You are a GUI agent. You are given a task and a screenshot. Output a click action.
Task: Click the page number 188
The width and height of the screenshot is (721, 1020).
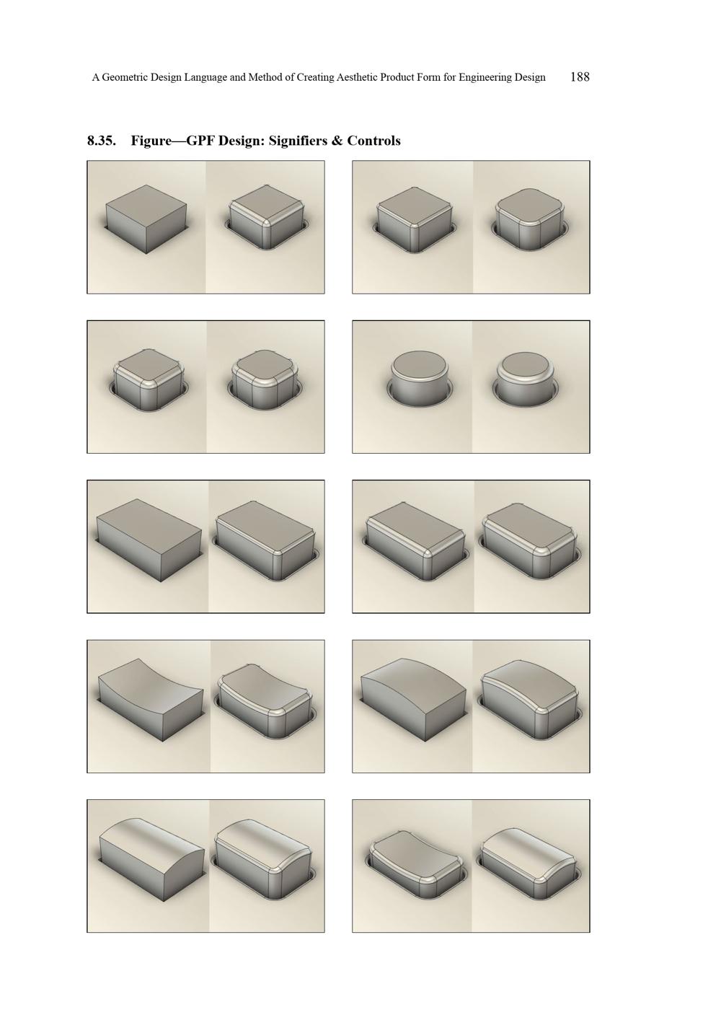pos(580,76)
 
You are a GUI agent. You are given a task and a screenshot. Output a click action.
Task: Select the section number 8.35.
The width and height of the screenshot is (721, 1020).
pos(102,141)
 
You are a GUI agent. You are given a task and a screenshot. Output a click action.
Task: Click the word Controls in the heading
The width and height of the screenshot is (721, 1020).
pos(373,141)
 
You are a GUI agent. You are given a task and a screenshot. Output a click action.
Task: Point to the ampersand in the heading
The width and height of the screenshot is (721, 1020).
pos(337,141)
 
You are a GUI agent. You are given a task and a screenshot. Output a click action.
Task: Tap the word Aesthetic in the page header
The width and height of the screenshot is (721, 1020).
pos(355,77)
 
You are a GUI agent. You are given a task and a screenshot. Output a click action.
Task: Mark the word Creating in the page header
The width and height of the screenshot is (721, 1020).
pos(314,77)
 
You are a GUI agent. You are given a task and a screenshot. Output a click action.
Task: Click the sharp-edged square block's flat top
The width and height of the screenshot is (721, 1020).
pos(146,204)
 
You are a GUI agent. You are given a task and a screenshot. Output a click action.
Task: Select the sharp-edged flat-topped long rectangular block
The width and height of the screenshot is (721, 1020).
pos(149,540)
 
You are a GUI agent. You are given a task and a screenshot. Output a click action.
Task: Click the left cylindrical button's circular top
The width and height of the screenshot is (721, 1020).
pos(419,362)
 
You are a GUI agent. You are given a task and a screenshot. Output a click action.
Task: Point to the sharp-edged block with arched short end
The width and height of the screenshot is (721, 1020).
pos(151,860)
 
